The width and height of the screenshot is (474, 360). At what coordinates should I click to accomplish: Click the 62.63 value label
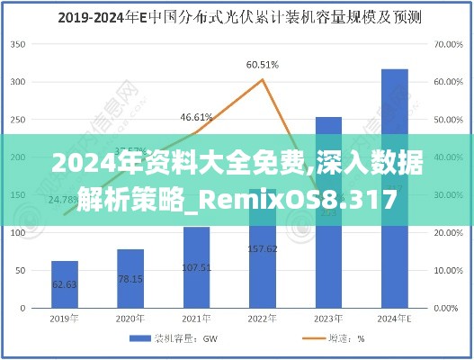click(65, 283)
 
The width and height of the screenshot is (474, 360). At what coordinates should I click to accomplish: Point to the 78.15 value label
click(130, 278)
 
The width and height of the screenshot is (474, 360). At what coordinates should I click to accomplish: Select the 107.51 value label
click(196, 266)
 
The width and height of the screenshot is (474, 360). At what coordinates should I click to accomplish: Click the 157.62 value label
click(262, 248)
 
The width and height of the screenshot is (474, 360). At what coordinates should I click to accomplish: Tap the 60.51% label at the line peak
click(262, 65)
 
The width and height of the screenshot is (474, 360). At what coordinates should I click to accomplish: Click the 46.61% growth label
click(196, 117)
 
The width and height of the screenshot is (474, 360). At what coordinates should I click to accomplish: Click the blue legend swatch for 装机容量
click(140, 338)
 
